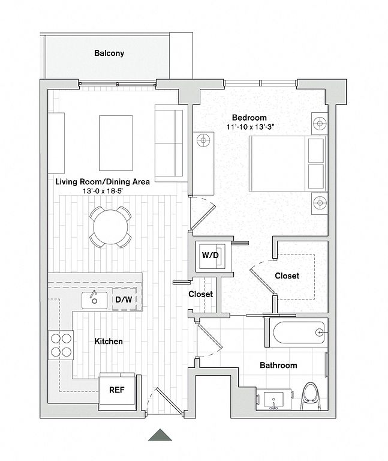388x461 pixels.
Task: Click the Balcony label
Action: click(109, 53)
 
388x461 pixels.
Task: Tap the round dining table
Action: click(110, 227)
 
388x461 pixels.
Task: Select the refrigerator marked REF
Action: click(117, 390)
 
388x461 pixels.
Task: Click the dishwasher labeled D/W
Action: click(124, 300)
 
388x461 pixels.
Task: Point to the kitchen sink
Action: click(94, 300)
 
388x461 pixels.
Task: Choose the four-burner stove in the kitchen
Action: click(61, 345)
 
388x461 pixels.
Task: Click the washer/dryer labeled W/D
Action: click(210, 255)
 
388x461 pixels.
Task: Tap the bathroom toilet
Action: click(311, 396)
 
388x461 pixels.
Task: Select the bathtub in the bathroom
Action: click(299, 332)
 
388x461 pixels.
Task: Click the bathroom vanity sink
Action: click(273, 400)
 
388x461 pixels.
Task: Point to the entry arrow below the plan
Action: click(160, 435)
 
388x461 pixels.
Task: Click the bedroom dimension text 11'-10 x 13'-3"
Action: click(250, 127)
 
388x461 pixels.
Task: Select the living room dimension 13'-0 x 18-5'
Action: click(103, 191)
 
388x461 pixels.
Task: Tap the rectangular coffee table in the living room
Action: click(116, 143)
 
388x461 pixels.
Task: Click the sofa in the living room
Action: click(170, 143)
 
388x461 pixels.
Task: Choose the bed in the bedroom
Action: click(287, 163)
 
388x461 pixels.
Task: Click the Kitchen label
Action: click(109, 342)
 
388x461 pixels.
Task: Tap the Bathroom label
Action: click(278, 366)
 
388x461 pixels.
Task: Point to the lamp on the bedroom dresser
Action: click(203, 140)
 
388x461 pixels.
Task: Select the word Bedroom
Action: click(249, 118)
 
